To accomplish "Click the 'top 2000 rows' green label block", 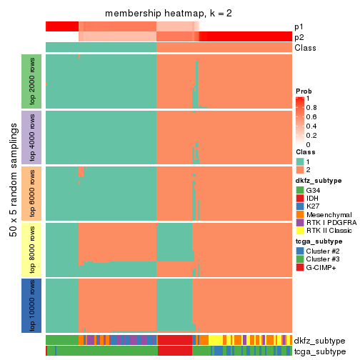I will click(x=33, y=81).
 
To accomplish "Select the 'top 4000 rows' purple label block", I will click(x=33, y=136).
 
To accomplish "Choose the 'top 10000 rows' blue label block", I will click(x=33, y=305).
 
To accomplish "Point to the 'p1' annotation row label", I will click(x=299, y=26).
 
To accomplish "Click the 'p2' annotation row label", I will click(x=299, y=37).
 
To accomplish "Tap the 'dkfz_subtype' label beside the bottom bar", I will click(x=319, y=341).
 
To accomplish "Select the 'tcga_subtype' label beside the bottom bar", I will click(x=319, y=351).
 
